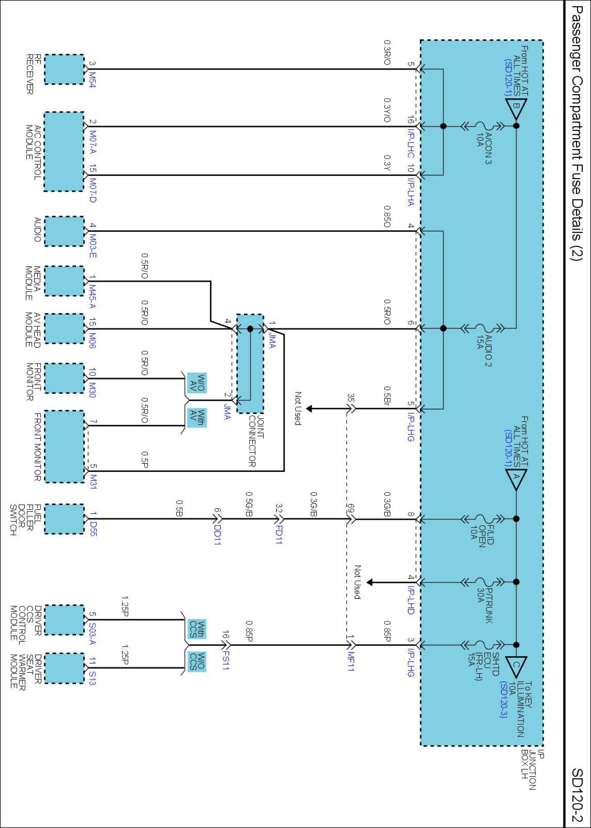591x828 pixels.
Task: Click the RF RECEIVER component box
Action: pyautogui.click(x=64, y=70)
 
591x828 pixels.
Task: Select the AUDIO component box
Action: pyautogui.click(x=64, y=231)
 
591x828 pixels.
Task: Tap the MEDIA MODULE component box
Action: pyautogui.click(x=64, y=282)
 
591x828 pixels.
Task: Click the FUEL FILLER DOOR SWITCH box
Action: pyautogui.click(x=64, y=519)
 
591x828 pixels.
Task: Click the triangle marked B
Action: pyautogui.click(x=516, y=108)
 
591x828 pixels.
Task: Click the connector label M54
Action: pyautogui.click(x=93, y=80)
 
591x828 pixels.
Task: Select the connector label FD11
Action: pyautogui.click(x=279, y=534)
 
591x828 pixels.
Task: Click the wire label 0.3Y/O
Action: pyautogui.click(x=387, y=110)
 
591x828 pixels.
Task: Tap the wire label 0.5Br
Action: pyautogui.click(x=387, y=395)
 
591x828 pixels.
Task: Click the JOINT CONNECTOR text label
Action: pyautogui.click(x=256, y=440)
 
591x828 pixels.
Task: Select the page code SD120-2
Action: pyautogui.click(x=577, y=795)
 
